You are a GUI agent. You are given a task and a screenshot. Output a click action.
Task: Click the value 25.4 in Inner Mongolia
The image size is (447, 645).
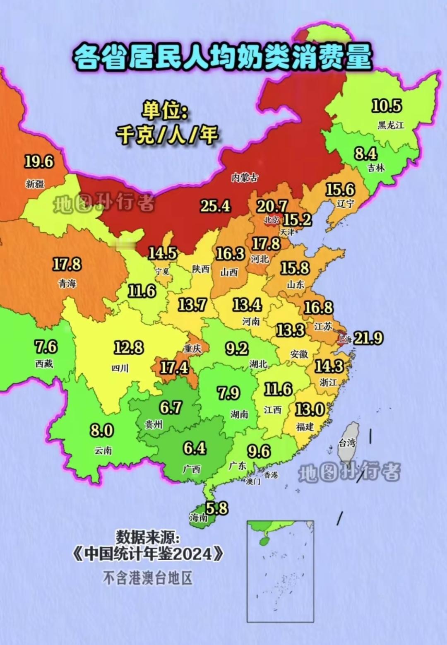pyautogui.click(x=215, y=206)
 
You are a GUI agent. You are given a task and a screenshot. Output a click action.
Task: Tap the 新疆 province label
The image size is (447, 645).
pyautogui.click(x=35, y=183)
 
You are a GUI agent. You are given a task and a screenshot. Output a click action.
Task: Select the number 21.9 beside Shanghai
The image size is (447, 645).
pyautogui.click(x=368, y=338)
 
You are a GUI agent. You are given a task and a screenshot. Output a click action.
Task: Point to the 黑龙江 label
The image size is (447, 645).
pyautogui.click(x=390, y=125)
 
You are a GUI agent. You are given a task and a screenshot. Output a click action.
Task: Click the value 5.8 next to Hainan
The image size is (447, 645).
pyautogui.click(x=217, y=508)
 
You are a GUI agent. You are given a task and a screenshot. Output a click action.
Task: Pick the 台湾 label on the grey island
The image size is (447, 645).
pyautogui.click(x=347, y=443)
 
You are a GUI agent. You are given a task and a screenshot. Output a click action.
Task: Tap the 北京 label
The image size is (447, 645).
pyautogui.click(x=272, y=219)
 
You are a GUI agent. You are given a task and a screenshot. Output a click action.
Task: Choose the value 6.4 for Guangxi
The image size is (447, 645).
pyautogui.click(x=195, y=448)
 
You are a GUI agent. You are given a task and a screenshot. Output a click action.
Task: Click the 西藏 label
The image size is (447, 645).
pyautogui.click(x=44, y=364)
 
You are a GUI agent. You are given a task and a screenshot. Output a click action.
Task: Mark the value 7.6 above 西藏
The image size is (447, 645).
pyautogui.click(x=46, y=346)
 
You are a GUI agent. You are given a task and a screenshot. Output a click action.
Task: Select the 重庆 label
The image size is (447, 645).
pyautogui.click(x=192, y=349)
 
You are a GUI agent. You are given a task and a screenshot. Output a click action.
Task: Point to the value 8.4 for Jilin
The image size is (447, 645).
pyautogui.click(x=365, y=154)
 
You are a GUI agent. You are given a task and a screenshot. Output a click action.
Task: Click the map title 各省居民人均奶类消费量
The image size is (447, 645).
pyautogui.click(x=223, y=57)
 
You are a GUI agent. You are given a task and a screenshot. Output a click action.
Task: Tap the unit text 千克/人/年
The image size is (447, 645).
pyautogui.click(x=167, y=135)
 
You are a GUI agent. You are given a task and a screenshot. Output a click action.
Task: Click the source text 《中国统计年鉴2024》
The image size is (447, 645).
pyautogui.click(x=148, y=554)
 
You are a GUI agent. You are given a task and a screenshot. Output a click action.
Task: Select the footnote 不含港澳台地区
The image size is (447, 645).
pyautogui.click(x=148, y=578)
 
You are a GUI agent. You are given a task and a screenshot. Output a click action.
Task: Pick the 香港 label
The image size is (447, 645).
pyautogui.click(x=271, y=475)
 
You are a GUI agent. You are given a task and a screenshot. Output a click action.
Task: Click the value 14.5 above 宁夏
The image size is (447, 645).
pyautogui.click(x=163, y=253)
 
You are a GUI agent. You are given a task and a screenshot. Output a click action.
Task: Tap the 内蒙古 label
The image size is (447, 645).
pyautogui.click(x=245, y=178)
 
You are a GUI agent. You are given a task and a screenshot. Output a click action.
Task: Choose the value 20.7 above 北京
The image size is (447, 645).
pyautogui.click(x=272, y=206)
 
